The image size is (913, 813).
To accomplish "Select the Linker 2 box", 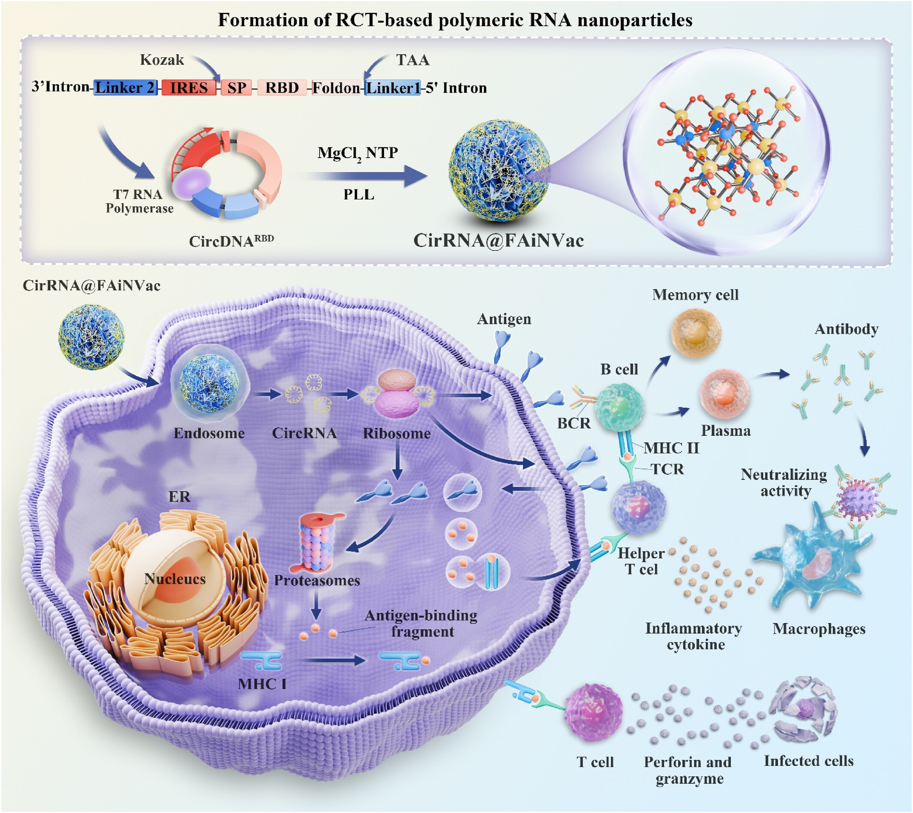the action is click(x=125, y=87).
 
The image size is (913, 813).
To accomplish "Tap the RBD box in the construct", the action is click(x=282, y=87).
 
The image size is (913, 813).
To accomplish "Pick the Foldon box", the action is click(x=336, y=87).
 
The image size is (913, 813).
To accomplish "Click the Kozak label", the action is click(x=162, y=60).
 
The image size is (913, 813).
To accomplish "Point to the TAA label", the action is click(x=413, y=60).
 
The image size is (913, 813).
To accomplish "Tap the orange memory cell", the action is click(x=696, y=333).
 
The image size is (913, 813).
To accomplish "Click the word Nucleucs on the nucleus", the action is click(x=175, y=579).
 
